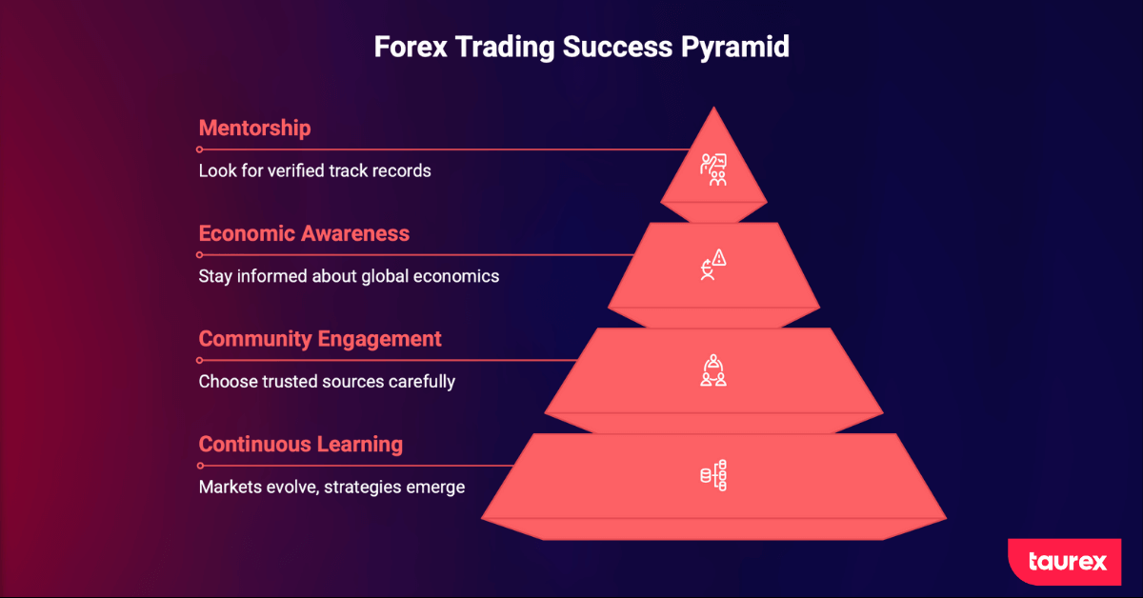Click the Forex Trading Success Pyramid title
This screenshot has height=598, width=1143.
[x=582, y=48]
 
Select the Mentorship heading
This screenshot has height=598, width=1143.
[x=254, y=128]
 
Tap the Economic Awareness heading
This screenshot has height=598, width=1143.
[x=304, y=233]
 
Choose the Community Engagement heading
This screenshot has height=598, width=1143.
[x=320, y=339]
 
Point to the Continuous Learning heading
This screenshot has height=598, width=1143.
[x=301, y=445]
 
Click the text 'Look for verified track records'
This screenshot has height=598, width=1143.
[x=315, y=170]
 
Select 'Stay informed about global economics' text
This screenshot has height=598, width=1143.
[x=349, y=276]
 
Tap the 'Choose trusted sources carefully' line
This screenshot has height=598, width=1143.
[x=327, y=382]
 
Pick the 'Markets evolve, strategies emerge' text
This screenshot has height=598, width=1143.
[x=331, y=488]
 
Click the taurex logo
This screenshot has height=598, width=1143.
[x=1065, y=562]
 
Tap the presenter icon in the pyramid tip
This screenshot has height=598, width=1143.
[x=713, y=169]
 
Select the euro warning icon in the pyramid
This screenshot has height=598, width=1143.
[x=713, y=265]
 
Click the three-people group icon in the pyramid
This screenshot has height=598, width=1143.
[x=713, y=370]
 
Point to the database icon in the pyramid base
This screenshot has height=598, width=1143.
[x=713, y=475]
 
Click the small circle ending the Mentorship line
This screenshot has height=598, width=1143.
[x=199, y=149]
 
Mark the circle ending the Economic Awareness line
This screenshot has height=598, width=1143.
[x=199, y=255]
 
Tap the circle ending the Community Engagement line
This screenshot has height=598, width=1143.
[x=199, y=360]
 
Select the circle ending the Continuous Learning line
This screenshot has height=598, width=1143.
[x=200, y=466]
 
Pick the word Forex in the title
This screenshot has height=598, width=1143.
[x=411, y=47]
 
